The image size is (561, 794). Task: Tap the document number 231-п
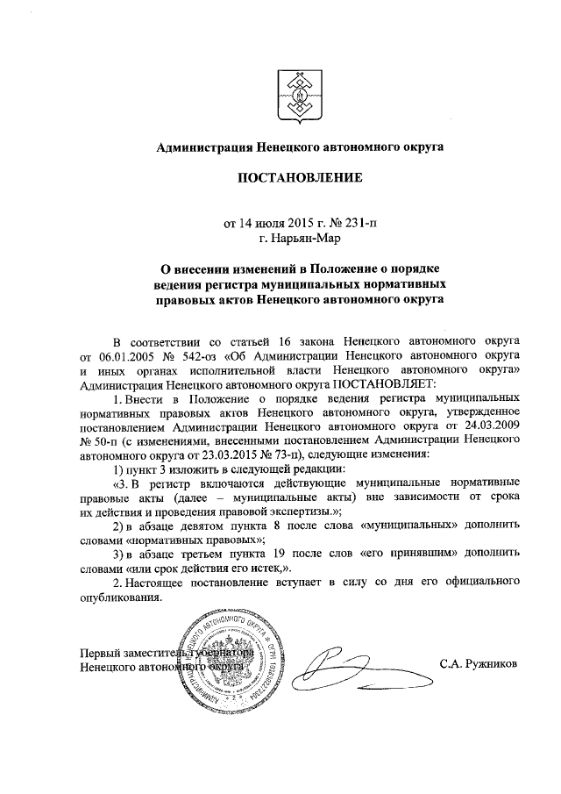point(358,222)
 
